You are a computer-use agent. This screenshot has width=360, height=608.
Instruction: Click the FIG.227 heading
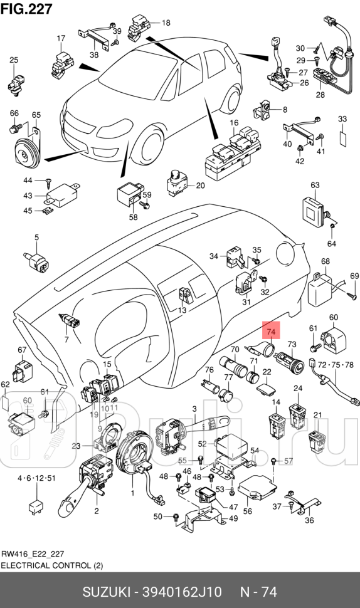27,8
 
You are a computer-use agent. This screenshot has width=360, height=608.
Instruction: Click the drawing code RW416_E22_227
33,554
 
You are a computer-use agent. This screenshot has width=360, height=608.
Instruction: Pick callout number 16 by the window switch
233,123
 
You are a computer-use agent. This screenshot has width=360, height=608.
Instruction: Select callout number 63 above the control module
315,185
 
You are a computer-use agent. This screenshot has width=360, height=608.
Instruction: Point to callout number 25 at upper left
14,60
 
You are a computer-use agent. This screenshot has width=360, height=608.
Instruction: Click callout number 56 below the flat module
248,511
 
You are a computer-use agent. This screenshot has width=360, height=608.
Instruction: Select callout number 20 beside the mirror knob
200,186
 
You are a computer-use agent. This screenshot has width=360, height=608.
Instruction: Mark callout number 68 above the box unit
326,261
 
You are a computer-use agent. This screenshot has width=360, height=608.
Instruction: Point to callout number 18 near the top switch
166,23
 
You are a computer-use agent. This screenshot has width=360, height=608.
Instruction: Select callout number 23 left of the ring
76,446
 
